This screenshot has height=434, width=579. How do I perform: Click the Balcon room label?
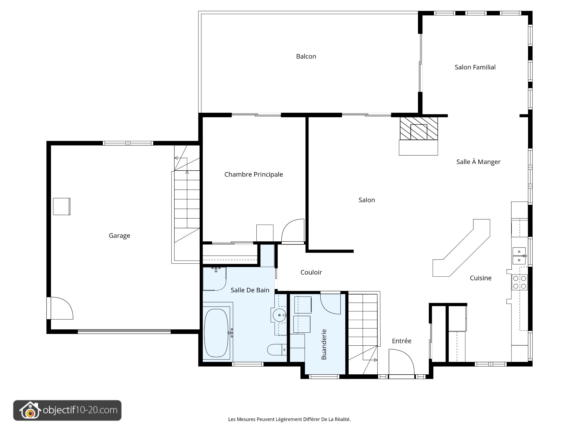(306, 56)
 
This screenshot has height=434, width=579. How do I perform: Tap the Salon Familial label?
(475, 67)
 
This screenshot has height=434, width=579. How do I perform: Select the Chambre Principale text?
(254, 175)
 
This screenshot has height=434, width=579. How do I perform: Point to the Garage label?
(119, 236)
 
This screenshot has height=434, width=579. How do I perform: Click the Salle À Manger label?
(478, 162)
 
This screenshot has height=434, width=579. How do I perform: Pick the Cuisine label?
(481, 278)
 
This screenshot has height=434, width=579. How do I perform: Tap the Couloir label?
(311, 272)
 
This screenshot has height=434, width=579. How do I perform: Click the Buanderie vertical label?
(324, 344)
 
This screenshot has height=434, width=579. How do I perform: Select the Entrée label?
(402, 341)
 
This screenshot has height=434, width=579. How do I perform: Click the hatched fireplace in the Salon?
(419, 128)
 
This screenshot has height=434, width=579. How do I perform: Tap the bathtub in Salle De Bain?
(216, 333)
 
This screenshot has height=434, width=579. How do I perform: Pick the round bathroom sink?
(280, 315)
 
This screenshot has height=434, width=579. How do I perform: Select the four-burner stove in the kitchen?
(520, 282)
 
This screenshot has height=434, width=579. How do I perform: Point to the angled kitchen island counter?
(461, 248)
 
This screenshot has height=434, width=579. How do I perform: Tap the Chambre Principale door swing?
(293, 231)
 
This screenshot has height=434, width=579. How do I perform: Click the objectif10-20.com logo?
(67, 410)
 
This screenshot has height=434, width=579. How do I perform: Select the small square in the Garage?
(62, 206)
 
